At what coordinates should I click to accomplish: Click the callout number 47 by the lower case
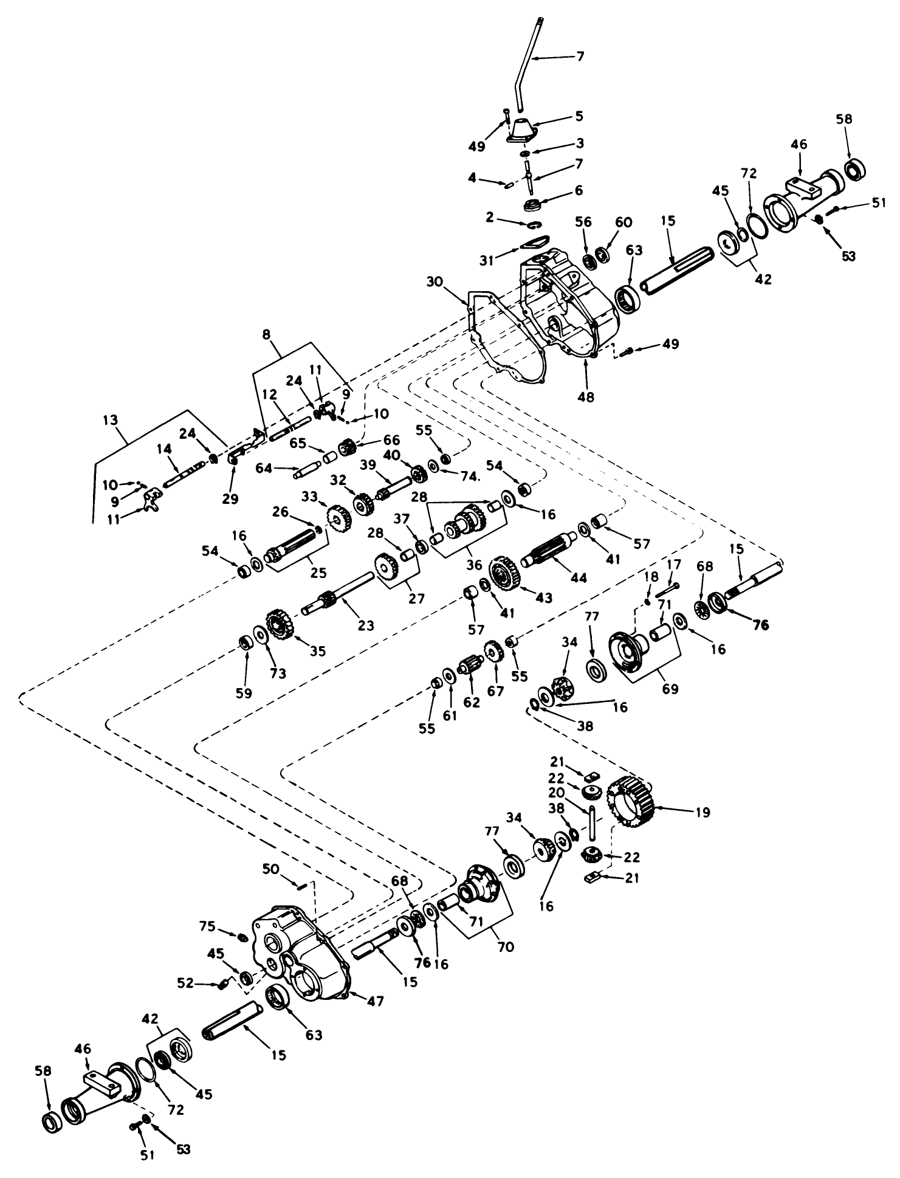click(375, 1001)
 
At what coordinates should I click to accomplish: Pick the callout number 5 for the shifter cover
click(579, 115)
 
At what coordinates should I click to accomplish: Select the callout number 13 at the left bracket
click(111, 420)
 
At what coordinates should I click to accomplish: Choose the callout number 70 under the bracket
click(506, 946)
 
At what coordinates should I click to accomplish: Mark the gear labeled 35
click(280, 625)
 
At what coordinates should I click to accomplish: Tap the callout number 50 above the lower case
click(272, 870)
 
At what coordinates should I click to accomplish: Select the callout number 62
click(472, 703)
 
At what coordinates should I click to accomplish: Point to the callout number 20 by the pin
click(557, 793)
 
